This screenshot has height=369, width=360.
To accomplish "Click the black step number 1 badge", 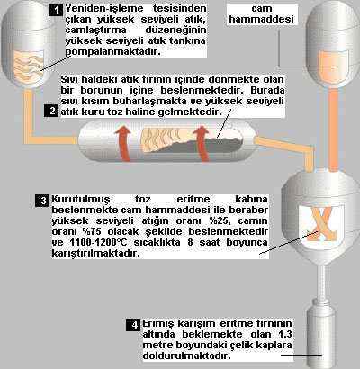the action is (56, 10).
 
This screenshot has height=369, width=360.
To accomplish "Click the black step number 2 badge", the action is (51, 111).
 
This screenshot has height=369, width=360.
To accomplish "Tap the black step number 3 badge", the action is (43, 201).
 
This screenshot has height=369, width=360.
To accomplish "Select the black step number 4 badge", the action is (133, 325).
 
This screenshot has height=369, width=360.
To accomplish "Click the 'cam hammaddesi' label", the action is (262, 13).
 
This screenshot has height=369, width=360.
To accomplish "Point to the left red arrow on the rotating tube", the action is (123, 143).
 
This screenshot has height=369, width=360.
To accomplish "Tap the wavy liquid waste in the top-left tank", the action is (30, 67).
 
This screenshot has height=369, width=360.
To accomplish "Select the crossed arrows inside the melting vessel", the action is (321, 223).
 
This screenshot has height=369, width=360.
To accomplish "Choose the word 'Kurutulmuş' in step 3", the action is (81, 200).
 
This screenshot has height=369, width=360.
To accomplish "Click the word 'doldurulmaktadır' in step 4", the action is (187, 355).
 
